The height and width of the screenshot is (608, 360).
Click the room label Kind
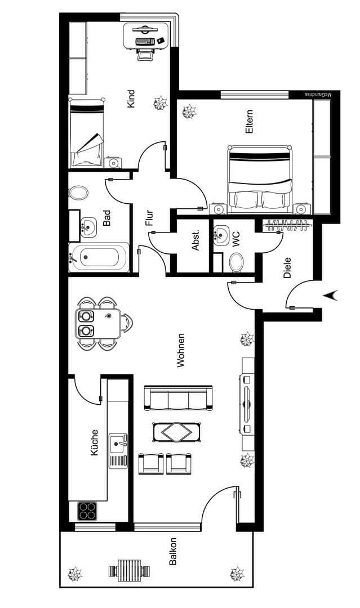131,99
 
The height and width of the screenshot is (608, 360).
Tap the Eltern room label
249,121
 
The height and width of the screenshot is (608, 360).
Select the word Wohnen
181,350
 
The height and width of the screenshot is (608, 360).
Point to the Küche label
94,442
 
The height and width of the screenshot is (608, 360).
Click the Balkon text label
173,552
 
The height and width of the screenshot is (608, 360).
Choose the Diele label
287,267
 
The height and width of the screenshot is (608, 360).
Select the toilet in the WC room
237,262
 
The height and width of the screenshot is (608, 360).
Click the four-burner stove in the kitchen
87,511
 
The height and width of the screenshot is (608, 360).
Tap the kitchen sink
118,445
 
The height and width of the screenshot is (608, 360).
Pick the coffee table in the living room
177,432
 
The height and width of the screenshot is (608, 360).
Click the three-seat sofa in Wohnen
179,398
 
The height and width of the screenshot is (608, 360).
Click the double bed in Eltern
260,178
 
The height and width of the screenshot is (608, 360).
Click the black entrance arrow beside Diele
332,294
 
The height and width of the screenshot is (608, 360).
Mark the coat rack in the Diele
287,225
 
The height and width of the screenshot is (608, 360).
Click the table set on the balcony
130,570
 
